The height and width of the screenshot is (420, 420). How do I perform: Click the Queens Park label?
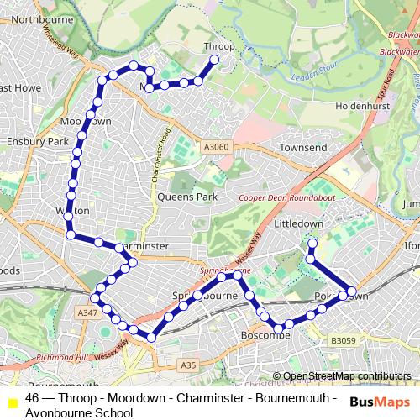[186, 197]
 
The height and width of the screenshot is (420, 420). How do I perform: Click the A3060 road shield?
[215, 147]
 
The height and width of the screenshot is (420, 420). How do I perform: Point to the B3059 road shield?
[343, 340]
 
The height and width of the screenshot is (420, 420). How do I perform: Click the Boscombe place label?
[265, 334]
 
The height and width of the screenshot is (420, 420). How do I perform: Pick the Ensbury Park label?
[34, 142]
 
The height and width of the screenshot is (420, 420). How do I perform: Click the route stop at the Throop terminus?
[215, 60]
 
